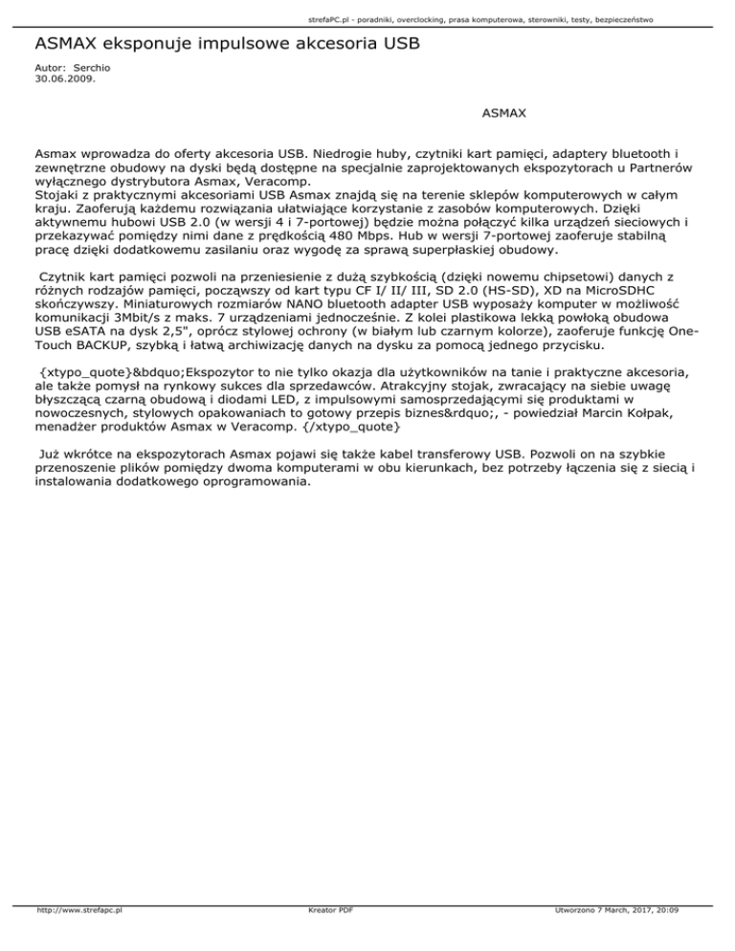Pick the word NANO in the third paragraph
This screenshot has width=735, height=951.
[x=261, y=311]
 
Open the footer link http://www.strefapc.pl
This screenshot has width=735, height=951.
[x=75, y=937]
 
